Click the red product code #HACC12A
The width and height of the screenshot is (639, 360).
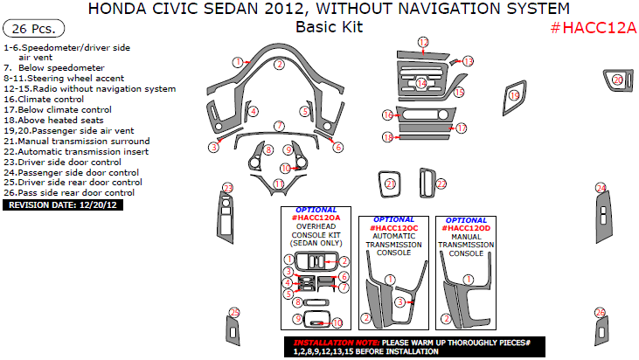[593, 27]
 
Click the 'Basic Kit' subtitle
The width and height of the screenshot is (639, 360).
[328, 26]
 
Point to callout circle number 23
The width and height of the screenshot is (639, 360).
[228, 188]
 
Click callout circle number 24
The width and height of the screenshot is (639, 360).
[601, 188]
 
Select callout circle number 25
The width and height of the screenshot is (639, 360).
[233, 312]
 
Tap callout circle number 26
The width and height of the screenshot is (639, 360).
[600, 312]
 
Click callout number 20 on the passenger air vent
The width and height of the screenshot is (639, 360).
[617, 80]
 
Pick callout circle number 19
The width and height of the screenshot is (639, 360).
[514, 95]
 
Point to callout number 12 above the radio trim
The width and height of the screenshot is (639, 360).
[423, 42]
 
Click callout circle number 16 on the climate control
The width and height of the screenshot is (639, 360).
[387, 115]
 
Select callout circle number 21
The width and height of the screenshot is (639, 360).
[391, 183]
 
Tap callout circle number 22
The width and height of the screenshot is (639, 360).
[441, 184]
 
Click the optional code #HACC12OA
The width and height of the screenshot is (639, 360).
[314, 216]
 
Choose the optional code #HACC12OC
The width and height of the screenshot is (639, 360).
[394, 225]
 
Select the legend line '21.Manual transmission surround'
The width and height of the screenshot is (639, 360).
[77, 141]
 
